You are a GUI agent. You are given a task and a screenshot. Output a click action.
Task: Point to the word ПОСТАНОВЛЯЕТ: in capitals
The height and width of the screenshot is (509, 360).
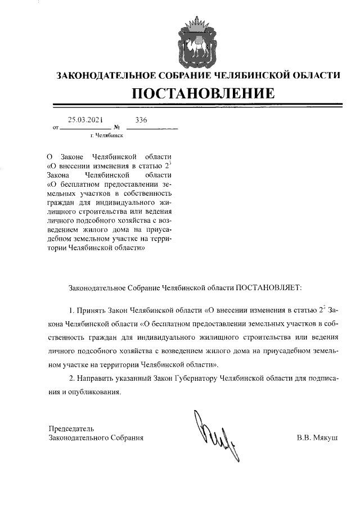tap(268, 287)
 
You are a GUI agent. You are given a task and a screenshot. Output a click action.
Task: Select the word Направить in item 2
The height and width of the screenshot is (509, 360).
tap(96, 377)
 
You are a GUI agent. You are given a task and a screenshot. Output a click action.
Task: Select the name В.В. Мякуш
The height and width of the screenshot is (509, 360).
tap(317, 437)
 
